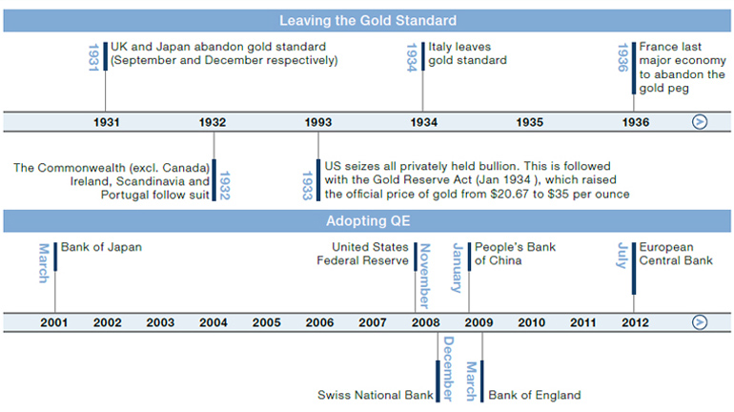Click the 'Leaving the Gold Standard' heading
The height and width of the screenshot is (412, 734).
coord(368,21)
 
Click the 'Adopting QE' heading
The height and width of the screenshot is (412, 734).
coord(368,221)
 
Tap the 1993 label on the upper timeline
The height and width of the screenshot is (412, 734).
coord(318,123)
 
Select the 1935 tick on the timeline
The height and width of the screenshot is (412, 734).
coord(530,123)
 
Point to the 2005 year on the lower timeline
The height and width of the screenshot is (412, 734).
coord(267,322)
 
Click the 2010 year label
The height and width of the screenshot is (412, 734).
coord(532,322)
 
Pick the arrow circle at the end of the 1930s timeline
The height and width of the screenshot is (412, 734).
coord(700,122)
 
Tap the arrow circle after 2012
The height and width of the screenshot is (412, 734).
coord(700,322)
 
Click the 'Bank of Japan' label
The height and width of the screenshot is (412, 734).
coord(101,247)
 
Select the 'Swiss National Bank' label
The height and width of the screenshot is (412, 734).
coord(376,395)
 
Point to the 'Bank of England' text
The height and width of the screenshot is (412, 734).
coord(535,395)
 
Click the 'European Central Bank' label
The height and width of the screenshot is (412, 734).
coord(676,254)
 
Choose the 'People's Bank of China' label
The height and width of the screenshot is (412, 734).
coord(515,254)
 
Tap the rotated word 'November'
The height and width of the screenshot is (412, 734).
coord(425,276)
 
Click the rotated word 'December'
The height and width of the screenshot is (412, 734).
coord(448,368)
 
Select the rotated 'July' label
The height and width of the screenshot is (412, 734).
coord(622,256)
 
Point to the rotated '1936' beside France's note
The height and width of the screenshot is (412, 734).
coord(622,57)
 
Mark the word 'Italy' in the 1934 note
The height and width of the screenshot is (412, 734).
coord(439,47)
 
